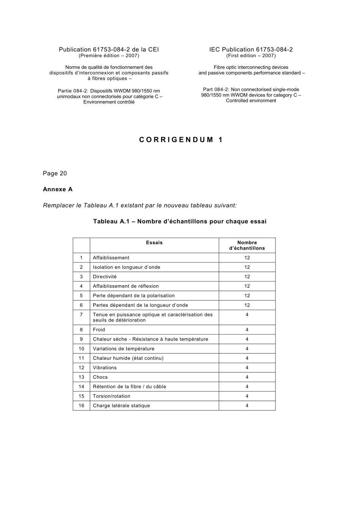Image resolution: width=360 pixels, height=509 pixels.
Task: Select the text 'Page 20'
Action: click(x=55, y=173)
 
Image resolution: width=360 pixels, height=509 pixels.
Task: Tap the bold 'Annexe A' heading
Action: click(x=58, y=189)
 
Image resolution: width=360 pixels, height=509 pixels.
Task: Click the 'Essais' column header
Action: click(x=154, y=243)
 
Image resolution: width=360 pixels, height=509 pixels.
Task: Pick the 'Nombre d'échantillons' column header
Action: click(x=247, y=245)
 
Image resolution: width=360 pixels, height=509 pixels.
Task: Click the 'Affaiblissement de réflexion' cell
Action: click(x=126, y=286)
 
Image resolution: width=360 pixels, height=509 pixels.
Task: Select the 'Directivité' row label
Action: click(x=105, y=277)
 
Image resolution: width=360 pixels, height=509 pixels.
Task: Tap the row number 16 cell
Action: click(x=81, y=406)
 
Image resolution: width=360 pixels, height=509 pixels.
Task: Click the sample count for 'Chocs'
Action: click(x=247, y=377)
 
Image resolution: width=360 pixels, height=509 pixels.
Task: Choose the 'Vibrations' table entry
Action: click(x=105, y=368)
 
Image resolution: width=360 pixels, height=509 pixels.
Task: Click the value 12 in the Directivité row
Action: click(x=247, y=277)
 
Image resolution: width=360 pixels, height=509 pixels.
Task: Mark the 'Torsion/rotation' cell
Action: click(x=111, y=396)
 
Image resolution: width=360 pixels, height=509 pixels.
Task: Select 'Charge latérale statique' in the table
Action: click(x=121, y=406)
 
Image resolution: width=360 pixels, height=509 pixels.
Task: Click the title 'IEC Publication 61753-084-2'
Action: click(x=251, y=50)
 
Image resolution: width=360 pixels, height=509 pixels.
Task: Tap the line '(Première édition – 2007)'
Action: click(x=109, y=56)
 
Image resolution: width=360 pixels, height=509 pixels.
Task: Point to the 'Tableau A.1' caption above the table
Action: click(x=180, y=222)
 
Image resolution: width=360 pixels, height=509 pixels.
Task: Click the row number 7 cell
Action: click(x=81, y=315)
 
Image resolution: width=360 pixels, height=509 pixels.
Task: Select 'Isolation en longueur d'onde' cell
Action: click(x=127, y=267)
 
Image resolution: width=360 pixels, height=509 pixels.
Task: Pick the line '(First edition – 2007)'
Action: click(x=251, y=56)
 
